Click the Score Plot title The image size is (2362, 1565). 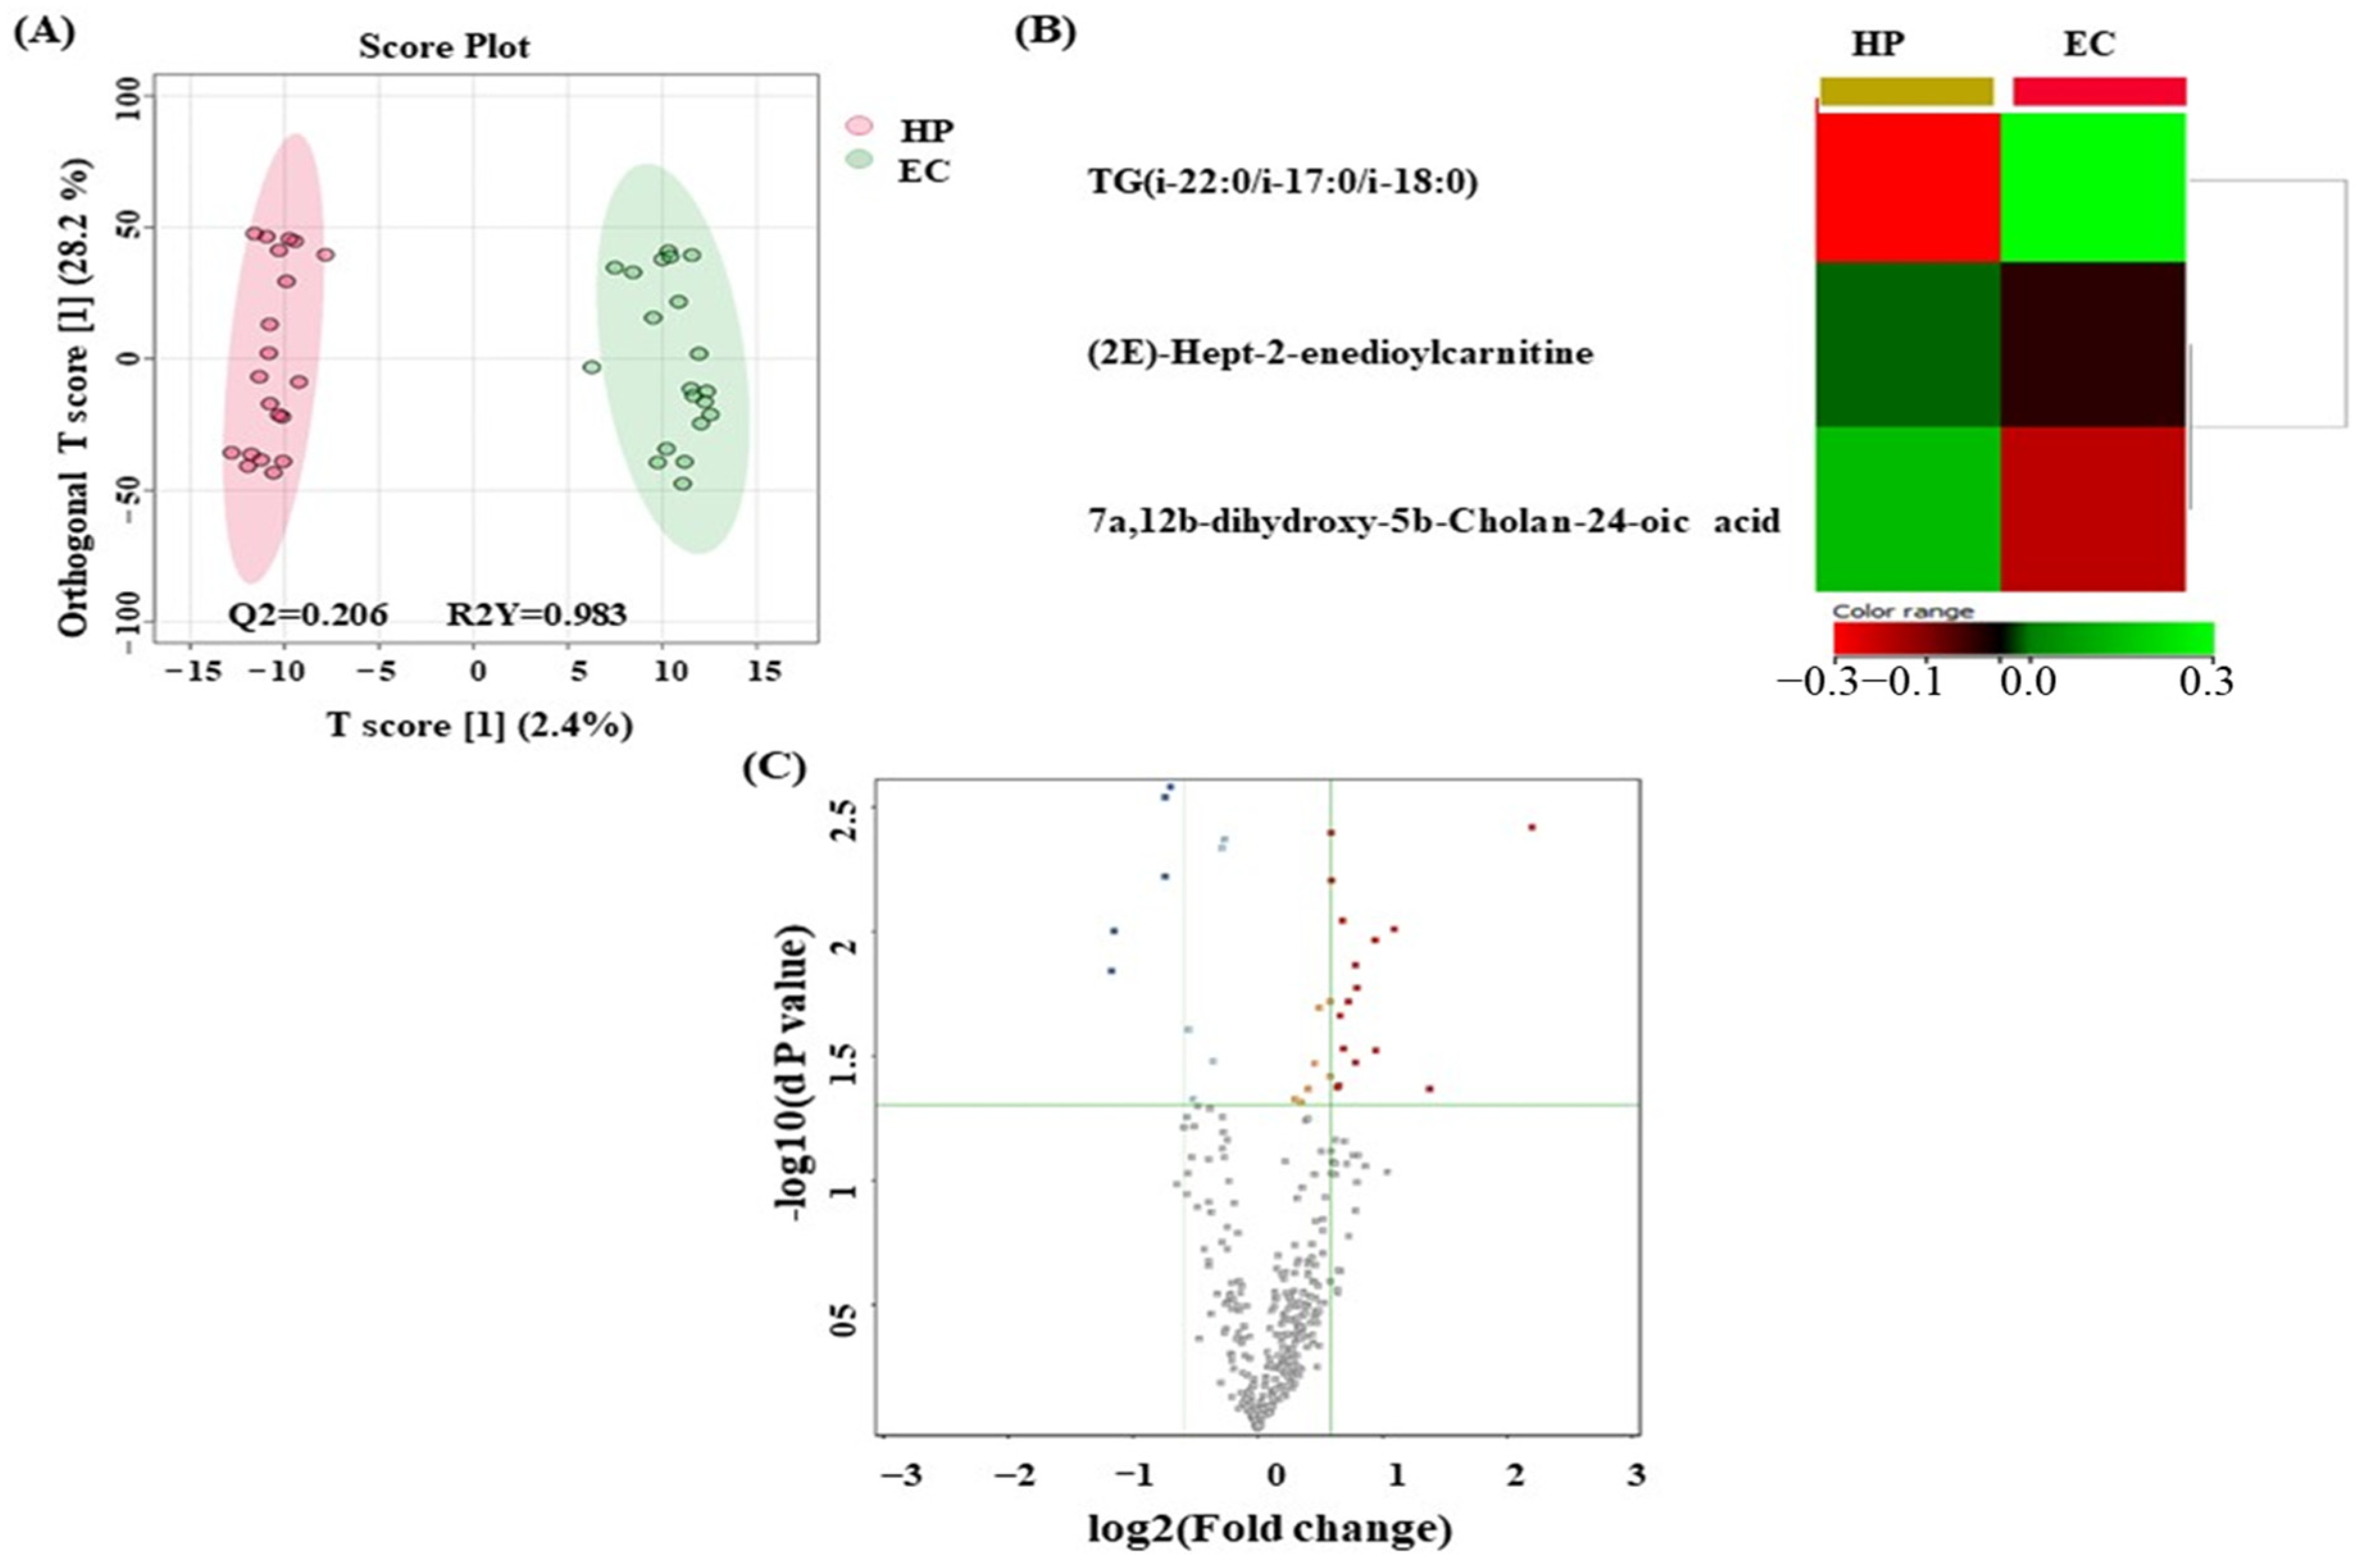tap(444, 47)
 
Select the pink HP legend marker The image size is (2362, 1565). tap(859, 127)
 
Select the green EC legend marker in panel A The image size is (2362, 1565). tap(859, 159)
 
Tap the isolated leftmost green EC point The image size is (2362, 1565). tap(591, 367)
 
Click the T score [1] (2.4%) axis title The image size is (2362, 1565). tap(479, 726)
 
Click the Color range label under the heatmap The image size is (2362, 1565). tap(1903, 611)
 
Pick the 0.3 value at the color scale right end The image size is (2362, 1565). tap(2206, 683)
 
